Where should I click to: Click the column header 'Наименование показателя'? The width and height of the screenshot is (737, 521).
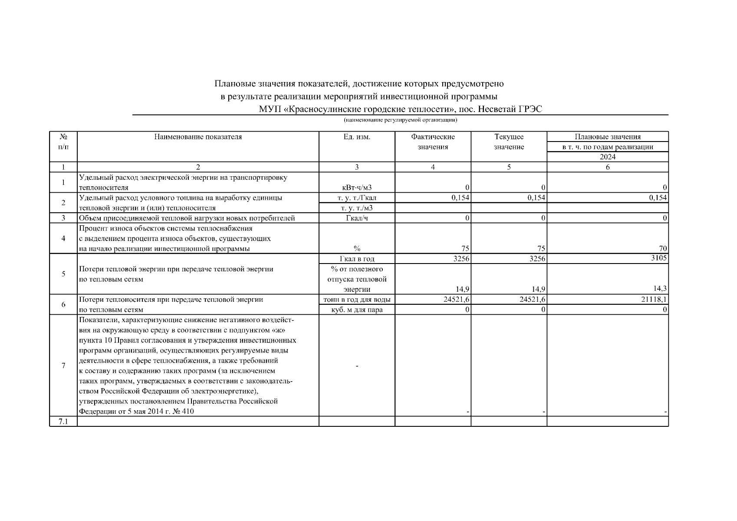[198, 137]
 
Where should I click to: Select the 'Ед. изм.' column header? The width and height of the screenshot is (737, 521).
[357, 137]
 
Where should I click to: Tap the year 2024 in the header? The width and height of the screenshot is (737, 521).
[607, 157]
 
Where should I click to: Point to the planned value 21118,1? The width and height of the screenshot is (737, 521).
[654, 299]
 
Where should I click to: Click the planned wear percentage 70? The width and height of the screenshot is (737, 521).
[662, 248]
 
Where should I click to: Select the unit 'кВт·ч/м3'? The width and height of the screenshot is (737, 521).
[357, 188]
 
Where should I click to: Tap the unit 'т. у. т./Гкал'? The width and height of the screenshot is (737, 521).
[357, 198]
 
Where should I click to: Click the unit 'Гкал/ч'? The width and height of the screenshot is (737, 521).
[357, 218]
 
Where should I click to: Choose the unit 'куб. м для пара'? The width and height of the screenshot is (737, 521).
[357, 310]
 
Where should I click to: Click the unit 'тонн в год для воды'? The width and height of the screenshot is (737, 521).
[357, 300]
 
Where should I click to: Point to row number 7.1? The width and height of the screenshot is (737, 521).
[63, 422]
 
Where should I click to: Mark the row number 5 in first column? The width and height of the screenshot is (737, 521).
[63, 274]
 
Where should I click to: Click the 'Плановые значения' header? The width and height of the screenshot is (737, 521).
[607, 137]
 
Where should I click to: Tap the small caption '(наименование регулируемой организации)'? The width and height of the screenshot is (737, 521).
[400, 120]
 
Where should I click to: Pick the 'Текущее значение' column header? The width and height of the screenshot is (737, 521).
[509, 142]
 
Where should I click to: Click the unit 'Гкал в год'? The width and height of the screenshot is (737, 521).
[357, 259]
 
